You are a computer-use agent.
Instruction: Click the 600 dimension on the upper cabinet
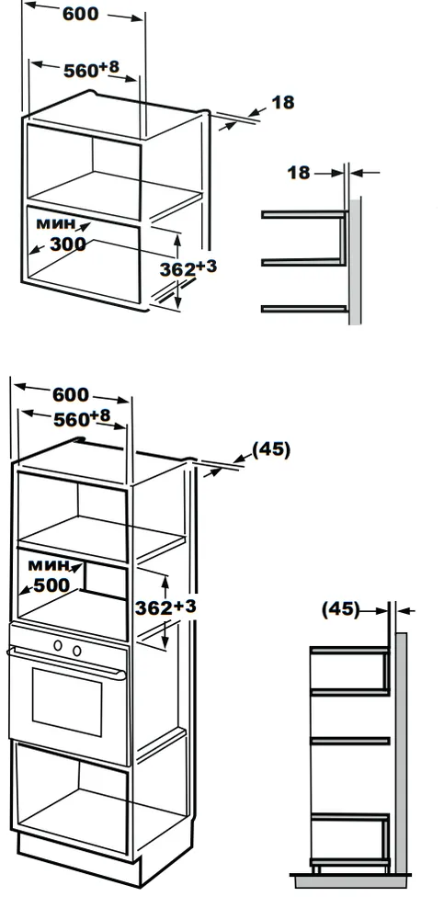tap(81, 14)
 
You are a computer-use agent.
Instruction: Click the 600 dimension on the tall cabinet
tap(71, 394)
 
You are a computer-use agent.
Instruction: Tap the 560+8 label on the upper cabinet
tap(91, 69)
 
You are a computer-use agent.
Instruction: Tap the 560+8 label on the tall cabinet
tap(82, 418)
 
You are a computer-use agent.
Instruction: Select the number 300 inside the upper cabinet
tap(67, 244)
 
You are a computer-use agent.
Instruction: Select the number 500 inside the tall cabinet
tap(51, 584)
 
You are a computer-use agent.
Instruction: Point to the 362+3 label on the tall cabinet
tap(165, 607)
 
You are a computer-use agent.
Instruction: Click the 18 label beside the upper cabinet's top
tap(283, 103)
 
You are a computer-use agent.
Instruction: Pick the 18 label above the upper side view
tap(298, 173)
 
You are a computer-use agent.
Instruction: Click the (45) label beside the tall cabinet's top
tap(271, 449)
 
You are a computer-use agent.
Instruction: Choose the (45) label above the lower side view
tap(340, 609)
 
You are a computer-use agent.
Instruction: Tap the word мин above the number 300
tap(56, 222)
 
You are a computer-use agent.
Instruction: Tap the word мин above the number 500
tap(48, 565)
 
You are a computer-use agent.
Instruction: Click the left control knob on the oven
tap(58, 646)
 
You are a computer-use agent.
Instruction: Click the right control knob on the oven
tap(77, 650)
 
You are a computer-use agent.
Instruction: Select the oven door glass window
tap(67, 702)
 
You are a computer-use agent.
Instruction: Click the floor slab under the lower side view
tap(351, 880)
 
